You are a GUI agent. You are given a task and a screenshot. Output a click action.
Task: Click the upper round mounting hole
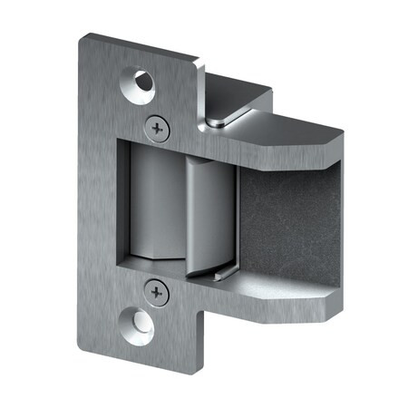142,82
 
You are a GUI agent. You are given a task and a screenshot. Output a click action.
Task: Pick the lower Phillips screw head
157,292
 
